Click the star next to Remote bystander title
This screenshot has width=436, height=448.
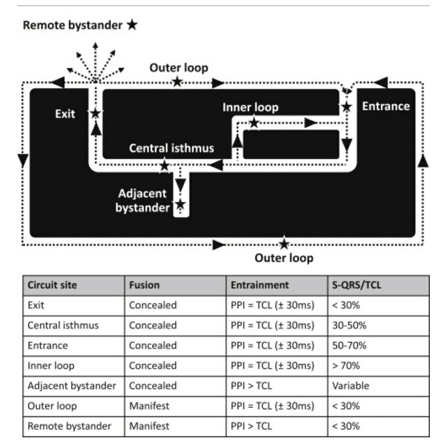point(132,25)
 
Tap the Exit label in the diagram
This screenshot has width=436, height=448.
point(65,114)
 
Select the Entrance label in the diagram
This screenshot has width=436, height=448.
point(386,106)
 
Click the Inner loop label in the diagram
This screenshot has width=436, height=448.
point(250,107)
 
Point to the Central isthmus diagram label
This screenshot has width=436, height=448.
point(172,148)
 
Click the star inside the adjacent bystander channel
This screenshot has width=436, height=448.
point(180,204)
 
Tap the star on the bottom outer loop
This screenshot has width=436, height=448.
point(284,243)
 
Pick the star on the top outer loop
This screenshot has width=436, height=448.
point(177,82)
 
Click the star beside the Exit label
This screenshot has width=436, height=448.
point(95,113)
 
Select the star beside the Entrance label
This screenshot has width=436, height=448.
point(346,107)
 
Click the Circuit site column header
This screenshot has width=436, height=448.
point(52,285)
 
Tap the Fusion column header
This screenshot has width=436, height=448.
point(144,285)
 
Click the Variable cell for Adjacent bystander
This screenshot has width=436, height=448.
point(350,386)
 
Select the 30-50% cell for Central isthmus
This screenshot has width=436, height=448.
point(349,325)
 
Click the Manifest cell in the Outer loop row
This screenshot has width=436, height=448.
point(149,406)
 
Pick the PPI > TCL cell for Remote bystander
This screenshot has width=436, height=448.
point(251,426)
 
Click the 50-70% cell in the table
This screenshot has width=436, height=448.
point(349,345)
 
